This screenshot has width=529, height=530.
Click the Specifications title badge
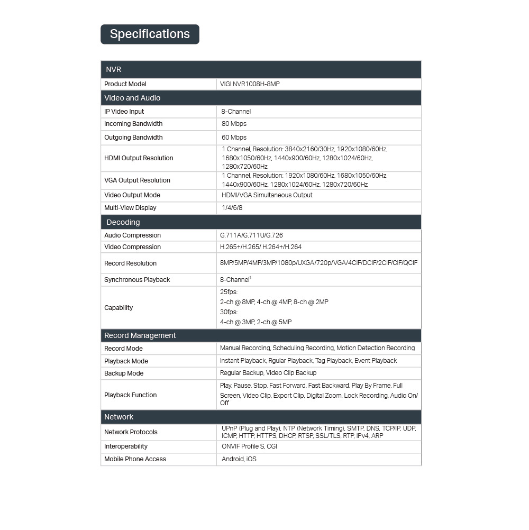150,34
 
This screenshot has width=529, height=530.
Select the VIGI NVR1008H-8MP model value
250,84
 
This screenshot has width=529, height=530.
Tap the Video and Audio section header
132,98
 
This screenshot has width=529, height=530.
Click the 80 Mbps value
234,124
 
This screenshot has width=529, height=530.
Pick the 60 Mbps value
234,138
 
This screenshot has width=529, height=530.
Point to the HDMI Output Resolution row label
139,158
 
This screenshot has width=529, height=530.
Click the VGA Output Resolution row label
137,180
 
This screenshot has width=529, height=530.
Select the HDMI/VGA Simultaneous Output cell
267,195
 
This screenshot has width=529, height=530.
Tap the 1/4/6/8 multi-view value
232,208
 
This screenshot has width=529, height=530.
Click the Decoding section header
123,222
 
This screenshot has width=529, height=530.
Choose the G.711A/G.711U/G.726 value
251,235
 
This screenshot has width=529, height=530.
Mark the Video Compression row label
132,247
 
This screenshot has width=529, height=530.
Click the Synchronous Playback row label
137,280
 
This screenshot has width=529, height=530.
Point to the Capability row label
118,308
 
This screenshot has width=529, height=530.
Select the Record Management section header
140,335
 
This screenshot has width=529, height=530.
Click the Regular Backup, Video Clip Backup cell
268,373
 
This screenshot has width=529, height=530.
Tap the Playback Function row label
131,395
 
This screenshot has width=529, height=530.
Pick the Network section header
119,417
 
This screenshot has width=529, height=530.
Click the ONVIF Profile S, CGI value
249,446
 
